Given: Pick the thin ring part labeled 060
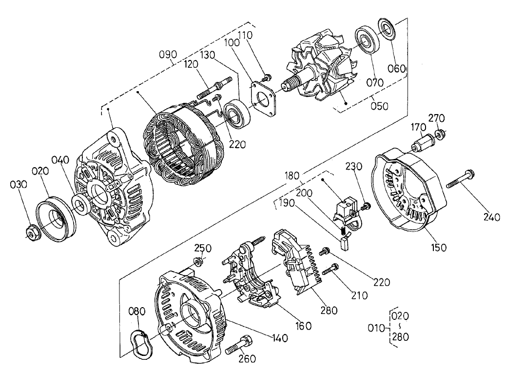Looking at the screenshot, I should [x=388, y=29].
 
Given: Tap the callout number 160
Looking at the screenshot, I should [x=304, y=326].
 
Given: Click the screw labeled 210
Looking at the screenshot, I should [x=330, y=268].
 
